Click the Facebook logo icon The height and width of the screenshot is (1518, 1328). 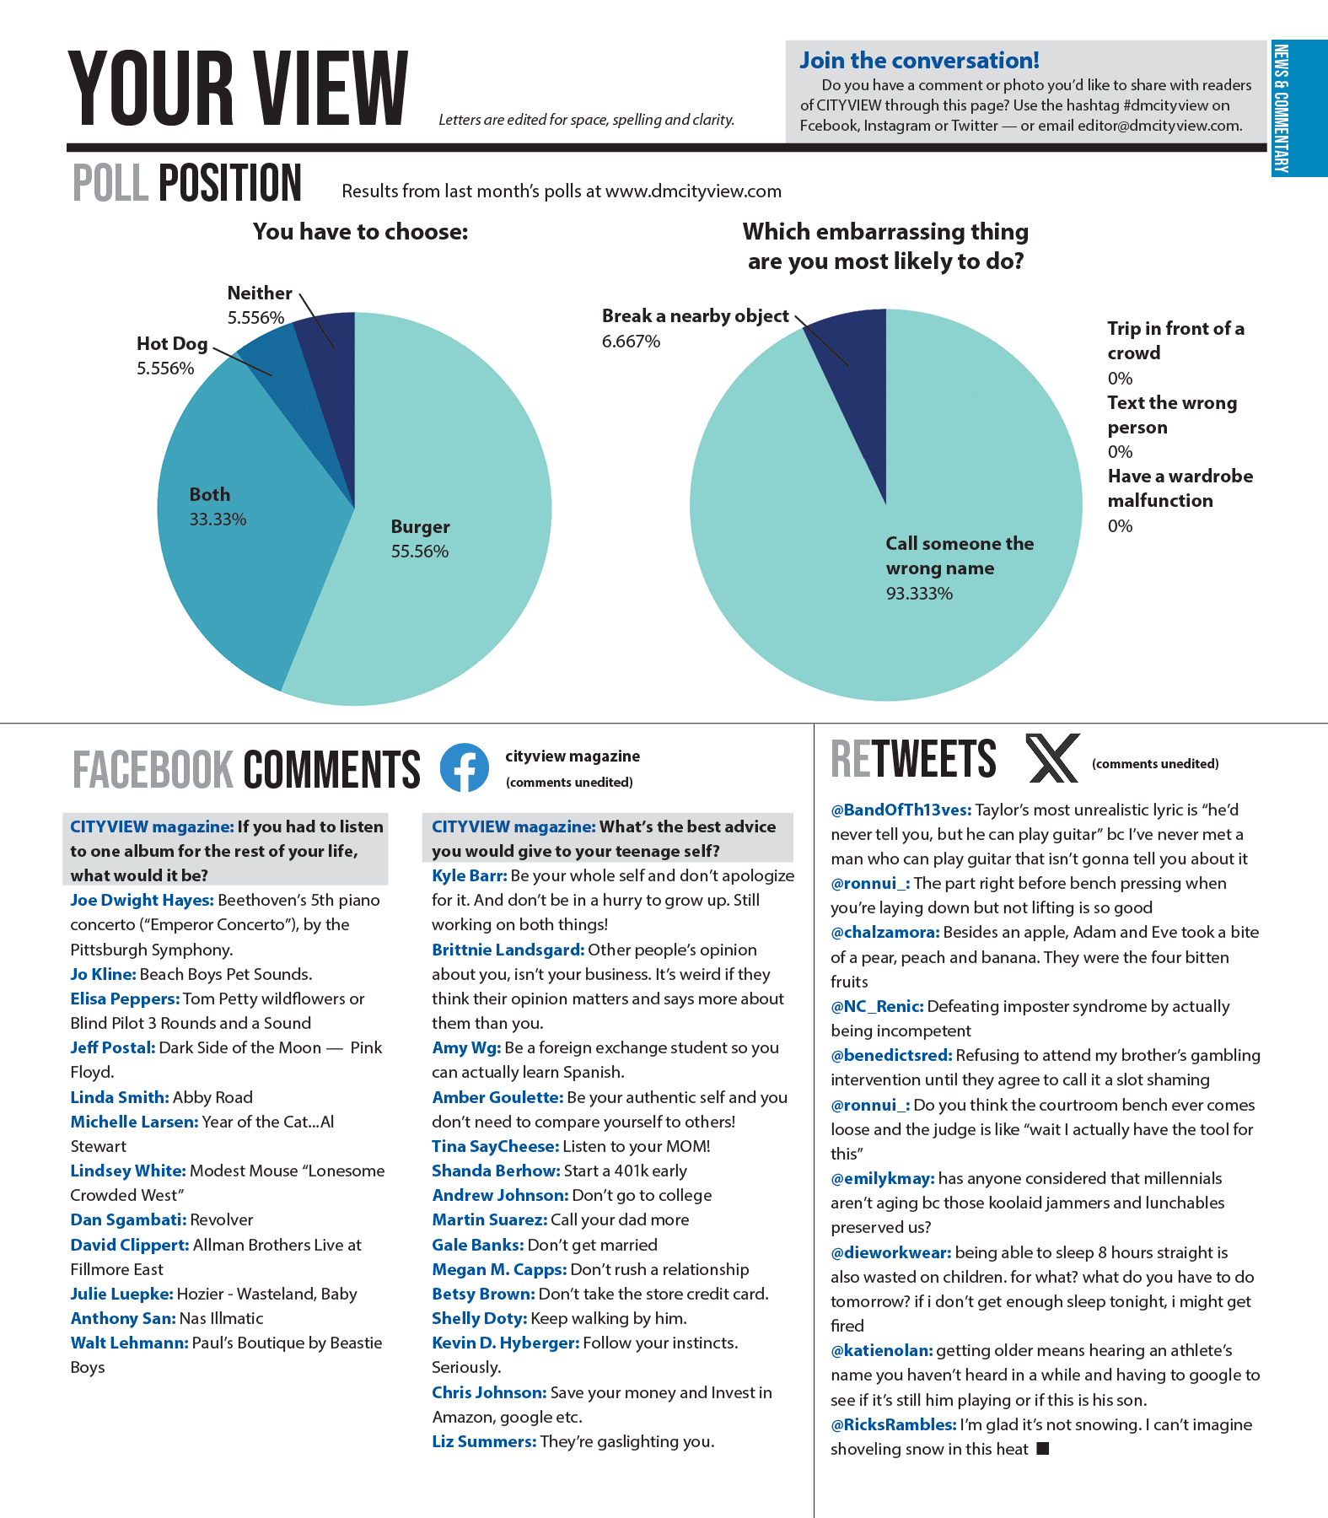point(464,767)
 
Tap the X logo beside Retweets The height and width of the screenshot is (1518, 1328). point(1051,758)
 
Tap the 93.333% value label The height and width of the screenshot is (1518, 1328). point(919,594)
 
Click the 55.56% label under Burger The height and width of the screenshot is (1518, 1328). point(419,552)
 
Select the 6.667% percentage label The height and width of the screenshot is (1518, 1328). point(631,342)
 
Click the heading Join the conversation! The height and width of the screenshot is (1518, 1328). point(919,61)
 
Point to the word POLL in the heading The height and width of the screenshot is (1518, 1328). point(110,184)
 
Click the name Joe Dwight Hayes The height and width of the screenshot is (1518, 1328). point(141,901)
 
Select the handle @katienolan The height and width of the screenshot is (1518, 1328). point(881,1351)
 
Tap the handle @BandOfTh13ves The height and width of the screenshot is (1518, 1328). point(901,810)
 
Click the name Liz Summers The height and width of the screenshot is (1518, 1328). point(483,1442)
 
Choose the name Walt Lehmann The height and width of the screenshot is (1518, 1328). point(129,1343)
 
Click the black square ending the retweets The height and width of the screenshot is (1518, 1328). point(1043,1449)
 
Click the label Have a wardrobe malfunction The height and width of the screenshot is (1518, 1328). point(1180,488)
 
